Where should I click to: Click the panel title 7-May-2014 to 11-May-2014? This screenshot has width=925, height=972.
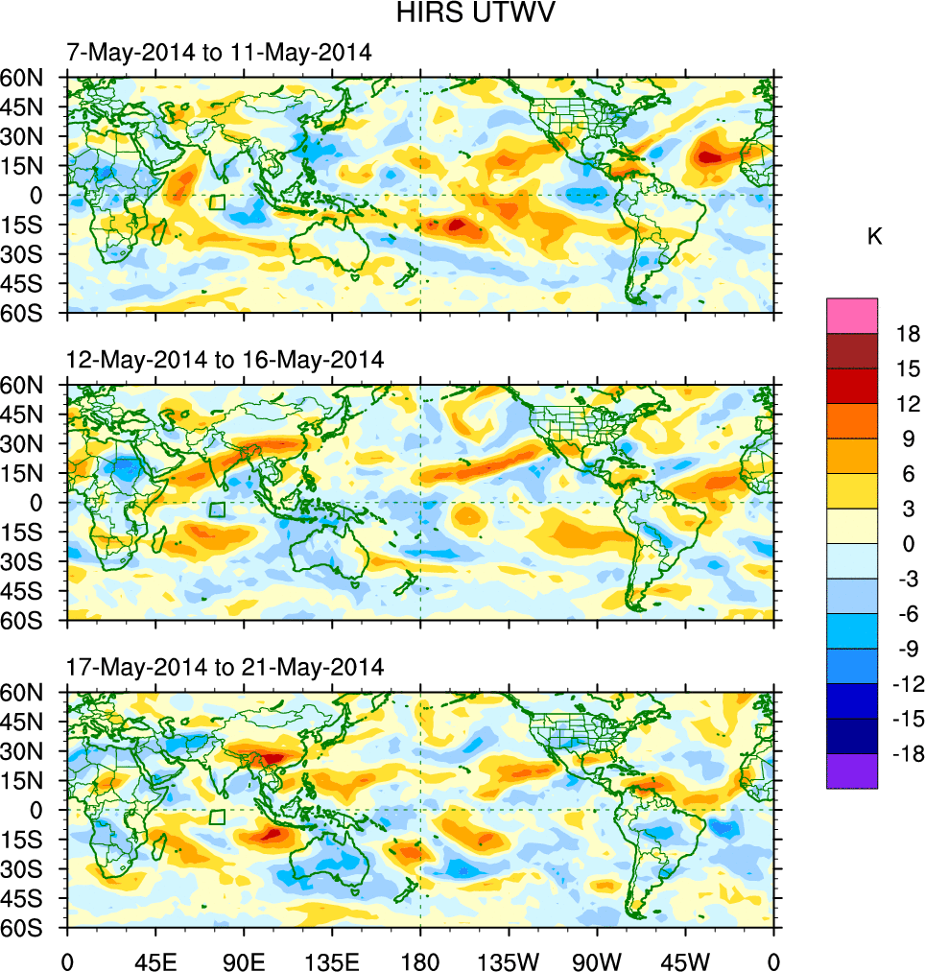[218, 53]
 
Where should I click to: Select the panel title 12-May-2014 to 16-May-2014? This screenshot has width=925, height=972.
[225, 360]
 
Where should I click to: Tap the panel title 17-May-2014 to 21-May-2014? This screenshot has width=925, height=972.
[225, 667]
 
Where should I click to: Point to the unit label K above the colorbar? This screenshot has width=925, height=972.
[874, 237]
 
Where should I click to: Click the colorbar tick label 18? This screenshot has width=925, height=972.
[909, 334]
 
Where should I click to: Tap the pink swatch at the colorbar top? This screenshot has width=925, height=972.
[852, 315]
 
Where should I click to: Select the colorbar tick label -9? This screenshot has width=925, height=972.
[905, 650]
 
